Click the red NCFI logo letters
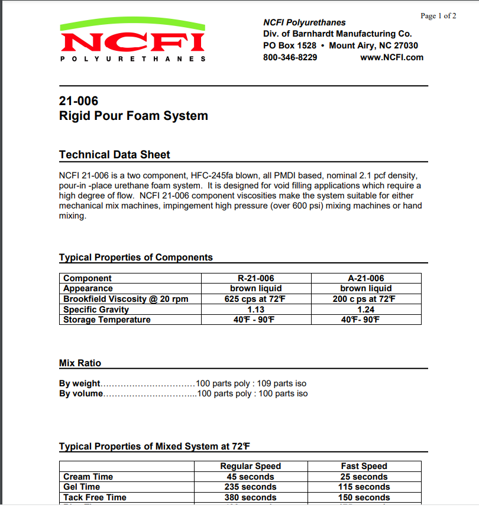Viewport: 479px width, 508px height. click(132, 43)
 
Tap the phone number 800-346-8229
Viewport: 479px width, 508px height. click(290, 57)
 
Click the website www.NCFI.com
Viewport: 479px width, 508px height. click(391, 57)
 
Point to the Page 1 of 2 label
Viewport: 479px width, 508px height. click(438, 16)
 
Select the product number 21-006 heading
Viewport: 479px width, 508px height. click(79, 101)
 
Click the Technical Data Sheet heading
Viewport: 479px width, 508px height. click(114, 155)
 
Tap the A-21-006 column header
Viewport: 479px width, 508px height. click(365, 278)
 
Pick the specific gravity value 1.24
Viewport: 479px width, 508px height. click(365, 310)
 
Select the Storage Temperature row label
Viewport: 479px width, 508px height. click(106, 320)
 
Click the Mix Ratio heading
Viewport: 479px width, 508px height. click(80, 363)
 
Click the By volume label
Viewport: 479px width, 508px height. click(81, 393)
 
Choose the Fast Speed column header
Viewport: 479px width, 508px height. click(364, 466)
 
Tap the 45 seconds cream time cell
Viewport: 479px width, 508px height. click(250, 477)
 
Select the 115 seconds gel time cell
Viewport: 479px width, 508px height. click(364, 487)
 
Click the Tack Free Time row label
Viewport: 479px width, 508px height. click(95, 497)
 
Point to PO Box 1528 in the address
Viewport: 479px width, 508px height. click(290, 45)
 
